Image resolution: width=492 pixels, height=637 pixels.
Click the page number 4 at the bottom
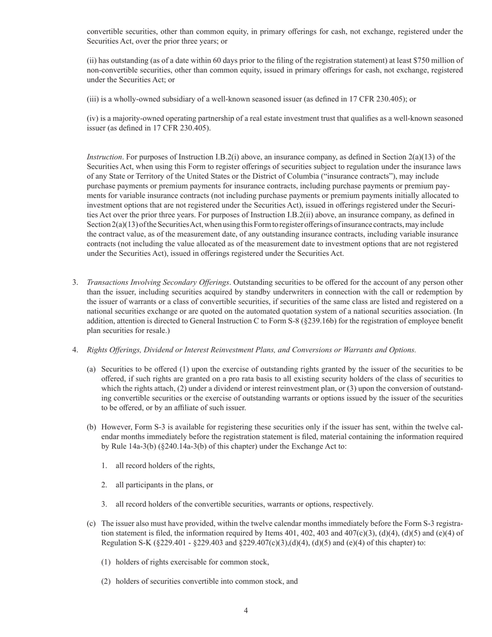(x=245, y=611)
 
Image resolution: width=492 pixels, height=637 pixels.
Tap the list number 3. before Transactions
(x=75, y=282)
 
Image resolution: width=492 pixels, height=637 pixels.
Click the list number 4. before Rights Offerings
(x=75, y=350)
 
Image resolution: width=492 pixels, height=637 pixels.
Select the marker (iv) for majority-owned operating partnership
(x=93, y=119)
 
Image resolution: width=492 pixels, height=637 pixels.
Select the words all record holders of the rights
(x=165, y=466)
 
